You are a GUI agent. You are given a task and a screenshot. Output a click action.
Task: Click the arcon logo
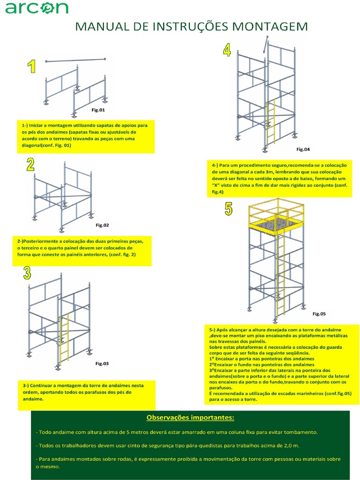[37, 7]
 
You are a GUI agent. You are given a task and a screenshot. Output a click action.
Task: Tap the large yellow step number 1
[32, 67]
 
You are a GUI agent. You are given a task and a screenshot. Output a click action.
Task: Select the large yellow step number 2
[30, 165]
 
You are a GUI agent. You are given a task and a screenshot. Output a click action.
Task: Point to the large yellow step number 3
[27, 273]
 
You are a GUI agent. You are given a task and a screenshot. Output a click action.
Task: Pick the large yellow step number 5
[228, 209]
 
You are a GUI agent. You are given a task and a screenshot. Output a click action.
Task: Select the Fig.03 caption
[102, 363]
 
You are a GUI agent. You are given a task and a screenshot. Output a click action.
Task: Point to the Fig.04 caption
[303, 150]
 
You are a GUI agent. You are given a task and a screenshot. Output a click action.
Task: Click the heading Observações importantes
[190, 417]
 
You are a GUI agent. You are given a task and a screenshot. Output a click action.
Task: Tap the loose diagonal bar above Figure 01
[75, 60]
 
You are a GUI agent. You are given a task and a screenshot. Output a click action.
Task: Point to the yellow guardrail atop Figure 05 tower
[277, 209]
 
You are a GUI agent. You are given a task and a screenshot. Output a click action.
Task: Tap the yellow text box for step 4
[280, 179]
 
